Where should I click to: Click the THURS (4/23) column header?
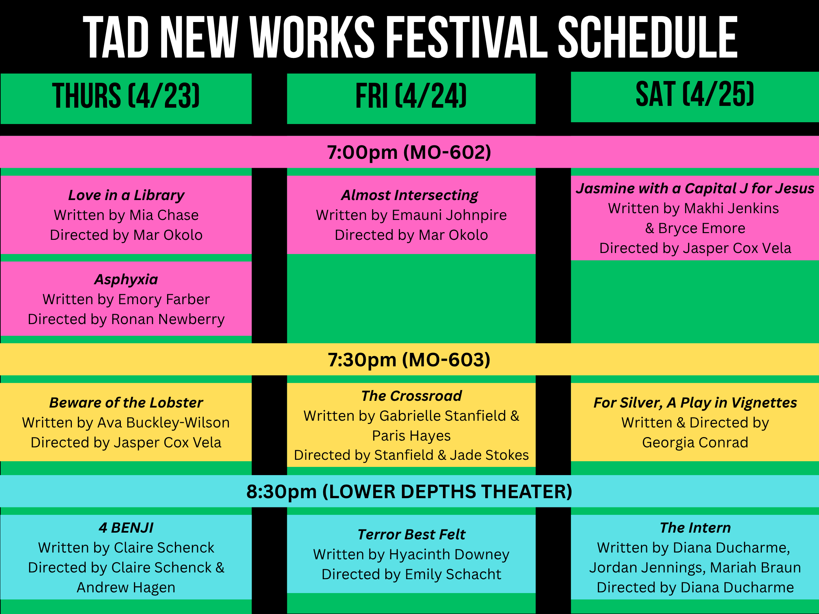pos(126,96)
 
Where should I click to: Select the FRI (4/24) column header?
pos(411,96)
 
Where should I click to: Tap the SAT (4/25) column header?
pos(695,95)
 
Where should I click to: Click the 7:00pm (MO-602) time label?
pos(409,152)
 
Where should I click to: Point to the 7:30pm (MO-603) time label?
pos(409,360)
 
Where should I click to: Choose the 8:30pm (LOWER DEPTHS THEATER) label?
pos(409,491)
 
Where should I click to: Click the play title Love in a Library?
pos(126,195)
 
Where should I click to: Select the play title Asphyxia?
pos(126,279)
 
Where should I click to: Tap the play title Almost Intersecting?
pos(409,195)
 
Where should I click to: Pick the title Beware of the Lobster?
pos(126,402)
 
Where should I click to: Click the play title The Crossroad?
pos(411,395)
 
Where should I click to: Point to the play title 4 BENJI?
pos(126,527)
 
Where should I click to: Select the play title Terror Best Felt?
pos(411,534)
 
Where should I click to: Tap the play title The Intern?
pos(695,527)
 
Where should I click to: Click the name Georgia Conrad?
pos(695,442)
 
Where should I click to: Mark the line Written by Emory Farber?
pos(126,299)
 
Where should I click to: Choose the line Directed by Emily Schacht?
pos(411,574)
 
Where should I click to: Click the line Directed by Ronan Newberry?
pos(126,319)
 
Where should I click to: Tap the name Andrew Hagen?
pos(126,587)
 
